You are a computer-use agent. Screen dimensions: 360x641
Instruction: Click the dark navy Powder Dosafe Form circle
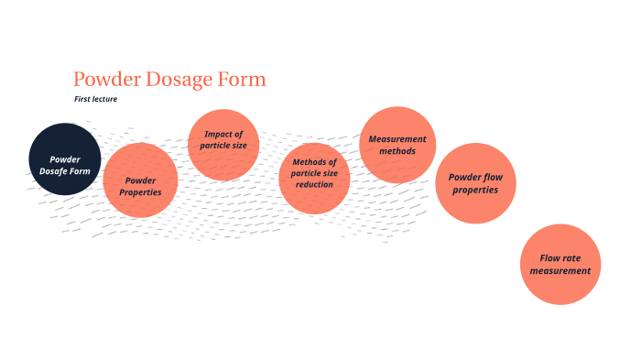(x=64, y=158)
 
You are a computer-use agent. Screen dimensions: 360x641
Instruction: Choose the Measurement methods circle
(x=397, y=144)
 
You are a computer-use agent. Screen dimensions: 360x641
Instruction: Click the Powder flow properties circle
(x=475, y=183)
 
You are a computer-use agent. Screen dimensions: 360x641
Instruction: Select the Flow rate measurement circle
(x=560, y=265)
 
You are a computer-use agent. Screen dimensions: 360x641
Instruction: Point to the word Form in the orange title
(x=242, y=79)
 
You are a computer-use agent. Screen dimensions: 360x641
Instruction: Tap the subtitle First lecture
(x=95, y=99)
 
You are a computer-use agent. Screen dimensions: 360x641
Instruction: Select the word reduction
(x=314, y=184)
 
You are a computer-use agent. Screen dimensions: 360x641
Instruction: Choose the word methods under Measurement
(x=397, y=150)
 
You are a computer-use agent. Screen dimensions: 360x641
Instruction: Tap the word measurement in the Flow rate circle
(x=560, y=270)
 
